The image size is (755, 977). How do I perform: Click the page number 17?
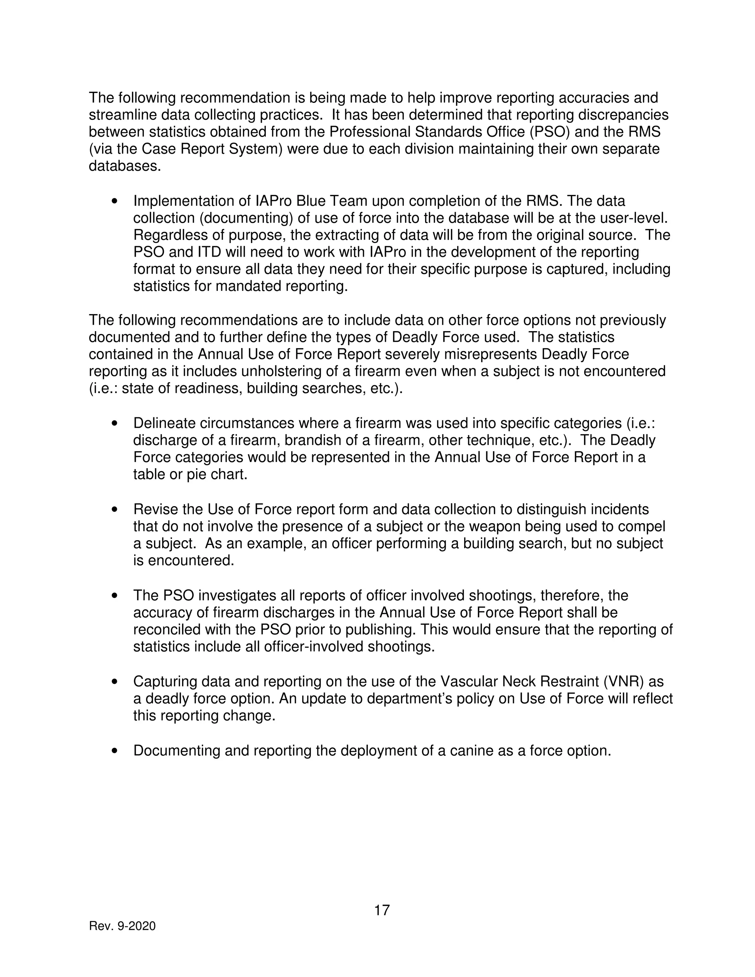382,910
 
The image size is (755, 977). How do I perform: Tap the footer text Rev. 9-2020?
122,926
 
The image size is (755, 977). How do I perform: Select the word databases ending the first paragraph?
124,166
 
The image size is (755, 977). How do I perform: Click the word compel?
641,526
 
